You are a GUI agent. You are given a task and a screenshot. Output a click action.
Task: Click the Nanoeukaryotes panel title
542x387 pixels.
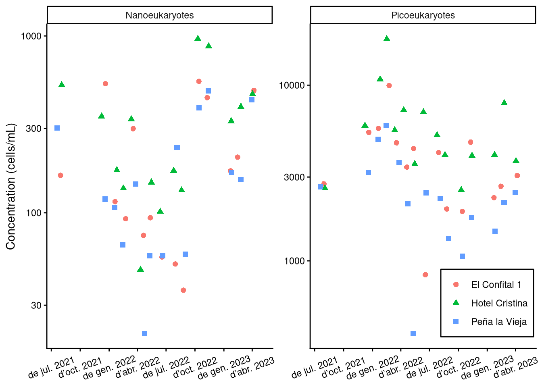[159, 15]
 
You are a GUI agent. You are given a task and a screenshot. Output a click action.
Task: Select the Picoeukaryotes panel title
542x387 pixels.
[423, 15]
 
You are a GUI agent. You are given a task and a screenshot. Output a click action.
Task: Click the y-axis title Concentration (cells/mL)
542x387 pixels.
[10, 186]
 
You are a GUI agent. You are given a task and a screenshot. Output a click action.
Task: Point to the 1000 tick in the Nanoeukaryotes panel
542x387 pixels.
[31, 36]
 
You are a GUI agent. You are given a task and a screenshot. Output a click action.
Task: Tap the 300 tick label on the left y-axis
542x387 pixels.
[34, 129]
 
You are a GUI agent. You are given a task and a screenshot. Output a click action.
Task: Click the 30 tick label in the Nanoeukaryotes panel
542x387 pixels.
[36, 306]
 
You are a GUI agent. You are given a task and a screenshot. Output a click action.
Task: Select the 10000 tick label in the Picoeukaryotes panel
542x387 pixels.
[292, 85]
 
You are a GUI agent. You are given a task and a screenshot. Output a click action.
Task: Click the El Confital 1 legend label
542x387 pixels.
[496, 285]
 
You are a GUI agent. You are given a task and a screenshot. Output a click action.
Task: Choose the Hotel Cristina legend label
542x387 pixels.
[499, 303]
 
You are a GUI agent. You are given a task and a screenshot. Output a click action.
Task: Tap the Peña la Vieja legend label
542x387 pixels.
[499, 322]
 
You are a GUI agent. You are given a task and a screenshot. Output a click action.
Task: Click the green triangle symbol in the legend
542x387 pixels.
[456, 303]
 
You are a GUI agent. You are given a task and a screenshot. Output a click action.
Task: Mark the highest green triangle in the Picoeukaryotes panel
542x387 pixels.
[387, 39]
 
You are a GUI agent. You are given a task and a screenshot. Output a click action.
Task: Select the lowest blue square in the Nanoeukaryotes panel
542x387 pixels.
[145, 333]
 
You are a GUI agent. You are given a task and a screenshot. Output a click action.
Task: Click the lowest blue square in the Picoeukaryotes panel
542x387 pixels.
[413, 333]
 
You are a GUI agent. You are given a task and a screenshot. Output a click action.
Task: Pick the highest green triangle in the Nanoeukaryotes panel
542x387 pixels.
[198, 39]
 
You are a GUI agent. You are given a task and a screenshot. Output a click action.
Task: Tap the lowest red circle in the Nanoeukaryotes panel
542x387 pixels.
[183, 290]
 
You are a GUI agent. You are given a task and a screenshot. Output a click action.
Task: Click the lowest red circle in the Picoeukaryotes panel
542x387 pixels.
[425, 275]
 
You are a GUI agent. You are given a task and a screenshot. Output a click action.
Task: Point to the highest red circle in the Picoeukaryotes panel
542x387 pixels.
[389, 85]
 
